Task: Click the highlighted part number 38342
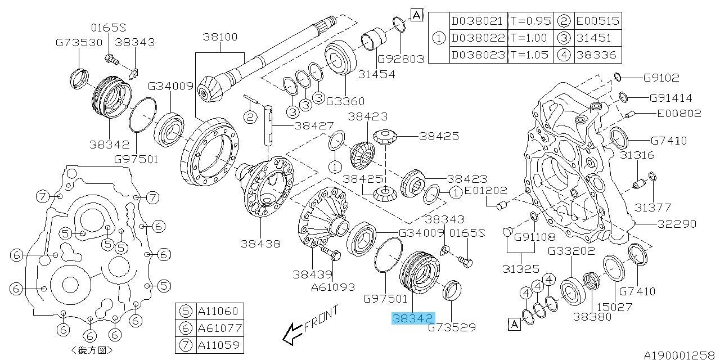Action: pyautogui.click(x=413, y=318)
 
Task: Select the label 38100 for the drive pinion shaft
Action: pyautogui.click(x=220, y=37)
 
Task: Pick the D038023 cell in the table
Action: pyautogui.click(x=478, y=55)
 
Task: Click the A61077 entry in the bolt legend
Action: pyautogui.click(x=219, y=328)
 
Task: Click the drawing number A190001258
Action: pyautogui.click(x=681, y=355)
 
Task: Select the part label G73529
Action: pyautogui.click(x=452, y=327)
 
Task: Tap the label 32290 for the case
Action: pyautogui.click(x=677, y=224)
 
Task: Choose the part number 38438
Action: pyautogui.click(x=260, y=244)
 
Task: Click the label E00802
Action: pyautogui.click(x=679, y=114)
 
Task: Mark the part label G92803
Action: pyautogui.click(x=401, y=59)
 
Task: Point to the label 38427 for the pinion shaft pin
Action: pyautogui.click(x=314, y=125)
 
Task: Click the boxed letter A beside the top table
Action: pyautogui.click(x=417, y=15)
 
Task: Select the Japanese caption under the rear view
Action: pyautogui.click(x=92, y=350)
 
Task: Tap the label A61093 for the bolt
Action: pyautogui.click(x=333, y=287)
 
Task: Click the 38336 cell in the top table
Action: pyautogui.click(x=597, y=55)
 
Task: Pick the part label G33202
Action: pyautogui.click(x=571, y=251)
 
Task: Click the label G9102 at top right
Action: pyautogui.click(x=661, y=78)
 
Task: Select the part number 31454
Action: pyautogui.click(x=377, y=75)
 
